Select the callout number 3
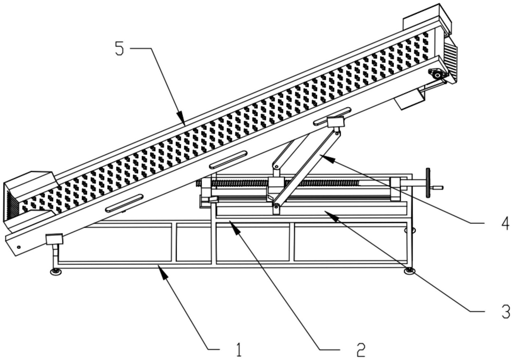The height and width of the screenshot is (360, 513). coord(505,312)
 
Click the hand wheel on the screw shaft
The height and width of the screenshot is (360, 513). coord(428,182)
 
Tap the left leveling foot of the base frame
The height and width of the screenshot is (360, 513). coord(56,271)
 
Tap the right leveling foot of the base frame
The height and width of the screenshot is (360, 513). coord(410,271)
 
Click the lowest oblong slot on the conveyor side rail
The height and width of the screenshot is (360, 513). coord(124,203)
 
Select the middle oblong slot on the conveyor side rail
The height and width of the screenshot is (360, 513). coord(228,159)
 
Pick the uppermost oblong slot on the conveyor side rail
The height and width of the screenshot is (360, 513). coord(332,116)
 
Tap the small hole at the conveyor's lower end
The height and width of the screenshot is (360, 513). coord(19,247)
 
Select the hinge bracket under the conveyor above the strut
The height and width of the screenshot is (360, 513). coord(335,122)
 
